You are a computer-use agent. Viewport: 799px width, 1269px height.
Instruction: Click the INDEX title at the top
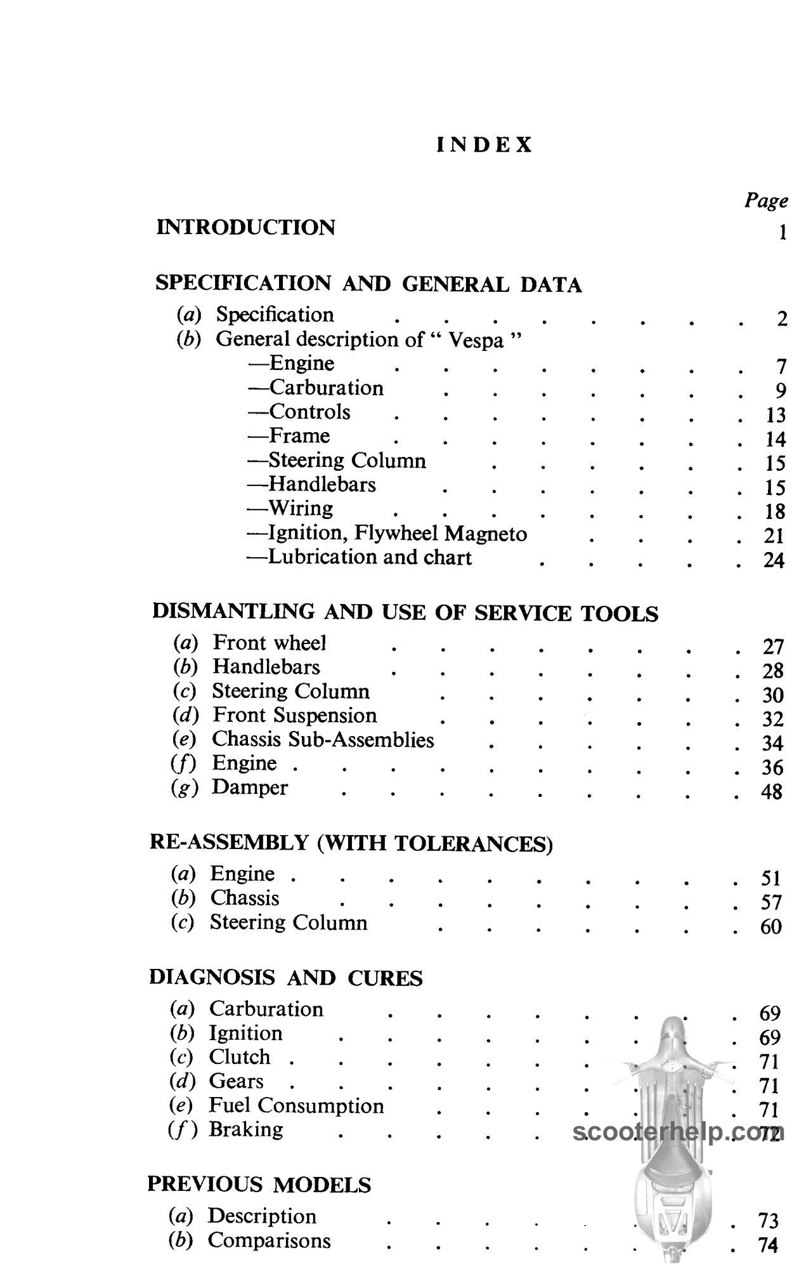point(484,145)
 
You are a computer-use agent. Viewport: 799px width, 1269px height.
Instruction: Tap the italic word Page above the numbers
point(766,201)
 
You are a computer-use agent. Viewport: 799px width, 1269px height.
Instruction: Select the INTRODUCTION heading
point(245,227)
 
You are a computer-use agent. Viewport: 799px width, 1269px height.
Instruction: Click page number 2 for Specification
point(781,319)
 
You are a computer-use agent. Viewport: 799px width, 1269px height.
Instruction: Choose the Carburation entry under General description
point(326,388)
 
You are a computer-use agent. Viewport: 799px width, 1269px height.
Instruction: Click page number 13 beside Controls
point(775,415)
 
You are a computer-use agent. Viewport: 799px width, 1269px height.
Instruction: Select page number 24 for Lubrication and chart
point(774,560)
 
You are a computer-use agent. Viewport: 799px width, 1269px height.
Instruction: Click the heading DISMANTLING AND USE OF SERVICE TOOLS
point(405,612)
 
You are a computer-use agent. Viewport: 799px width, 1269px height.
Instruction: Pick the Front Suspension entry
point(294,715)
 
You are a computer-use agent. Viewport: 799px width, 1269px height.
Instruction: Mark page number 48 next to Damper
point(772,792)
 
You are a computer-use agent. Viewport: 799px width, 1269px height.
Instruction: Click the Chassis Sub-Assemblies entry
point(323,739)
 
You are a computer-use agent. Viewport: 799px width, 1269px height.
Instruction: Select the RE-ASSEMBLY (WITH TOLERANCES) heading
point(351,843)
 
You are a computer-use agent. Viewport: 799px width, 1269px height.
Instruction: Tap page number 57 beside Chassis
point(771,902)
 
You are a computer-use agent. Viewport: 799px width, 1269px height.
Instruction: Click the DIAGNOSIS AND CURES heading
point(285,978)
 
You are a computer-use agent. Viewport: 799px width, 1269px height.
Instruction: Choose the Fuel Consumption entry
point(296,1105)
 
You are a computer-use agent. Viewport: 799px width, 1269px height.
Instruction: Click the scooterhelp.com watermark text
point(679,1133)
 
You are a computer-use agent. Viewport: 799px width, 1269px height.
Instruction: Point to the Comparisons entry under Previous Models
point(269,1240)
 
